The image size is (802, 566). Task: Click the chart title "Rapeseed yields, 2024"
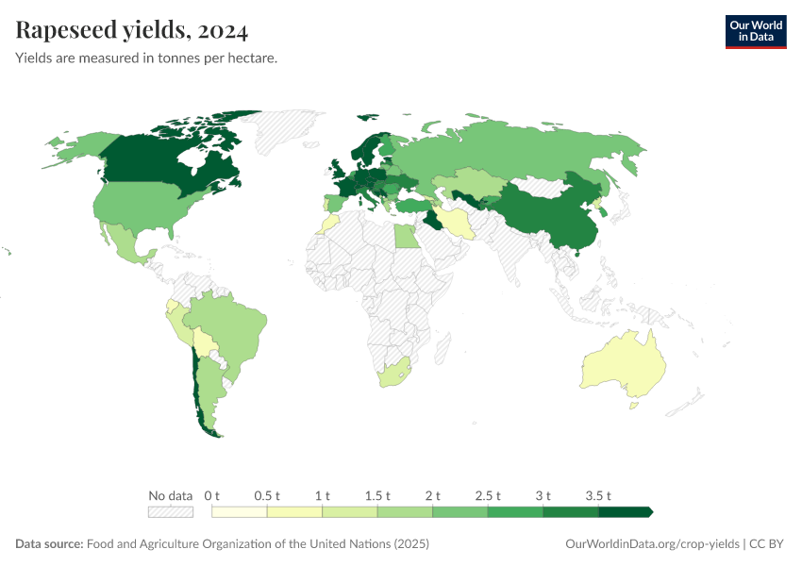[132, 31]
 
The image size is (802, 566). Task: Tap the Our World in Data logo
[755, 31]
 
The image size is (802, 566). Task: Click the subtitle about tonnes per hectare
[146, 58]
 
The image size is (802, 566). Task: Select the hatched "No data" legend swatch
[171, 511]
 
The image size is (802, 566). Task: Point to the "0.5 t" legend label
[268, 495]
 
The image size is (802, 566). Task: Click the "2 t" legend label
[433, 495]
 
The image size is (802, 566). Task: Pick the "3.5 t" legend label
[599, 495]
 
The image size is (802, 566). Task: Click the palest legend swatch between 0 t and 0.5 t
[240, 511]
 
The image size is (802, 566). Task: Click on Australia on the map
[624, 365]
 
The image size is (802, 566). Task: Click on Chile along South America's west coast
[197, 387]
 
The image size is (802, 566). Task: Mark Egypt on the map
[406, 235]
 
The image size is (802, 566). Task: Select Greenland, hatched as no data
[292, 132]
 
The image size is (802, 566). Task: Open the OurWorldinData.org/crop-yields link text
[652, 544]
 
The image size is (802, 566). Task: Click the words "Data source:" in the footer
[49, 544]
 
